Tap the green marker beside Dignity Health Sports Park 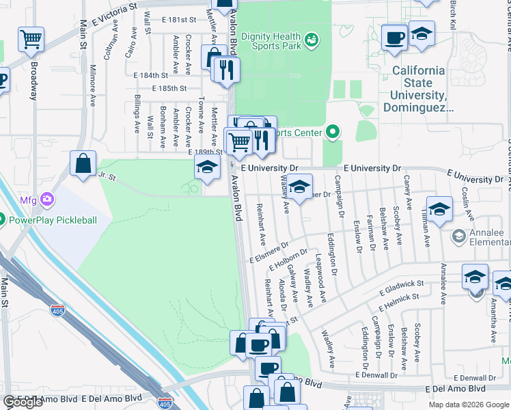click(312, 40)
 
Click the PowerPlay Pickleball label click(53, 220)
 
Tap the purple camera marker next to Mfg click(48, 200)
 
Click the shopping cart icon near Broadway click(31, 40)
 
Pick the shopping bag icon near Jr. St click(83, 164)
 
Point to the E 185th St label click(169, 89)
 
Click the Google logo click(23, 402)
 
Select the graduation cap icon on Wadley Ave click(299, 185)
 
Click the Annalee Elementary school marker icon click(459, 236)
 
